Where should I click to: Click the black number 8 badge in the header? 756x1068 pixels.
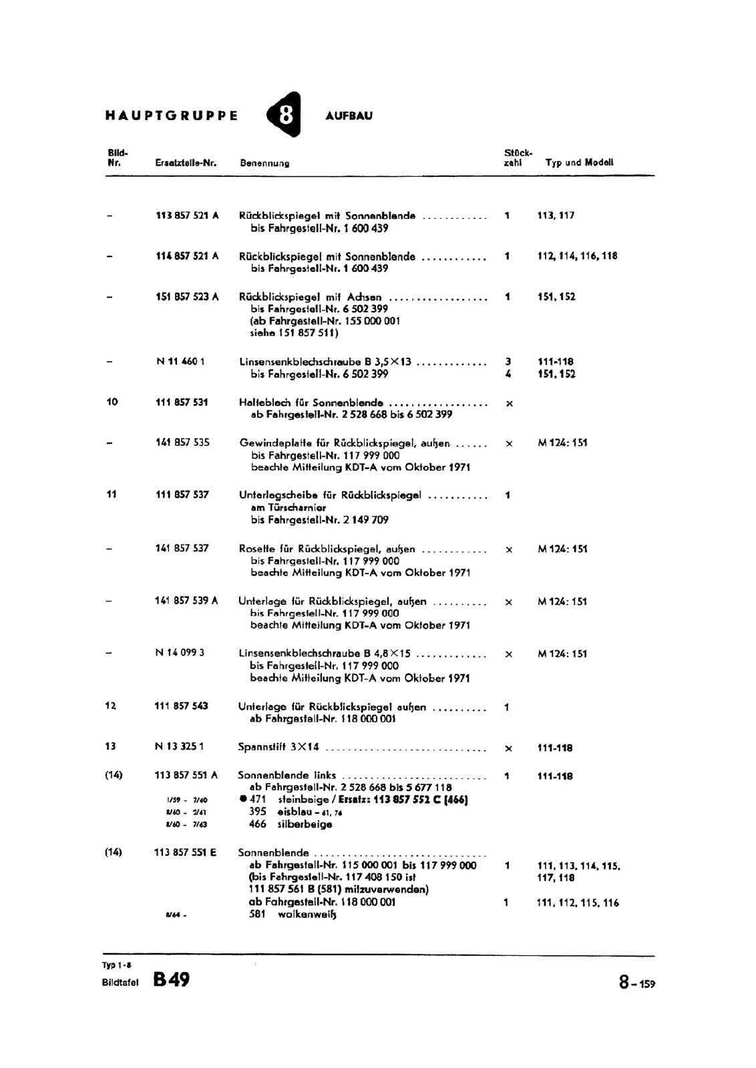click(x=285, y=115)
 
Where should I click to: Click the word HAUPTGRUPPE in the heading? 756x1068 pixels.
click(x=172, y=115)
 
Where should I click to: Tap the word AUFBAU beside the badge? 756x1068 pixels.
click(x=349, y=115)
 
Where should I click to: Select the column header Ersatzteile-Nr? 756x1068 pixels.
click(x=186, y=163)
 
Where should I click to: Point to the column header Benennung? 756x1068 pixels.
click(x=264, y=163)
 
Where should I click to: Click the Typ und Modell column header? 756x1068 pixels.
click(x=579, y=162)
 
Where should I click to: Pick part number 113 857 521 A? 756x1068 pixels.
click(x=187, y=216)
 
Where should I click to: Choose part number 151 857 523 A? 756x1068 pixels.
click(x=187, y=297)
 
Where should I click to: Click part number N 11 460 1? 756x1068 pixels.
click(x=180, y=362)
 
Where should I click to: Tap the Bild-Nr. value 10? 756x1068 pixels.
click(x=112, y=402)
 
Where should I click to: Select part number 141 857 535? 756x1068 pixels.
click(x=182, y=443)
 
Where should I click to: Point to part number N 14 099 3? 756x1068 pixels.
click(x=180, y=653)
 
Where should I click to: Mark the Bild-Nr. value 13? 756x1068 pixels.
click(x=110, y=746)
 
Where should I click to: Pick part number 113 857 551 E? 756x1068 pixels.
click(x=185, y=852)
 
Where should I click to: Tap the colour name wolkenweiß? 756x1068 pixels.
click(x=307, y=914)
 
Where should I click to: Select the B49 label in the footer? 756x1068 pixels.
click(x=171, y=979)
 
